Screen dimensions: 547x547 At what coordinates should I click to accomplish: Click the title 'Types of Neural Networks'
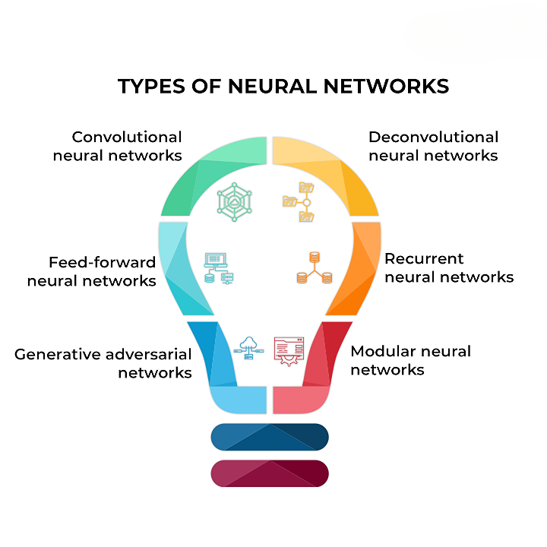(x=283, y=87)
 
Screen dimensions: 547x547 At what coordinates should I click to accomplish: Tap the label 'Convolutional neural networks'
(x=127, y=146)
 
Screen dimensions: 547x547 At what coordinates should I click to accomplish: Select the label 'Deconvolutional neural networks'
(x=433, y=146)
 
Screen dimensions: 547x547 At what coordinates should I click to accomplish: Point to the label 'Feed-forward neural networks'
(x=92, y=271)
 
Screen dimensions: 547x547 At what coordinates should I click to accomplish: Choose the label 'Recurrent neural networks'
(x=448, y=268)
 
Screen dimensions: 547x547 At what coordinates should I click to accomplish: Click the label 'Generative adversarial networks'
(x=103, y=363)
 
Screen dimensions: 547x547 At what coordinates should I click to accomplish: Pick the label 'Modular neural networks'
(x=410, y=360)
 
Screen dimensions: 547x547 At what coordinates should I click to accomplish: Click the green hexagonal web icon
(x=233, y=201)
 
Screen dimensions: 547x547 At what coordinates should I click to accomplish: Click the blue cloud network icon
(x=250, y=349)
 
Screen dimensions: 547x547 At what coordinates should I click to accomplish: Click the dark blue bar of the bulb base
(x=270, y=437)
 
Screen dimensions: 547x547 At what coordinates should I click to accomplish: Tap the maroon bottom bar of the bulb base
(x=270, y=473)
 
